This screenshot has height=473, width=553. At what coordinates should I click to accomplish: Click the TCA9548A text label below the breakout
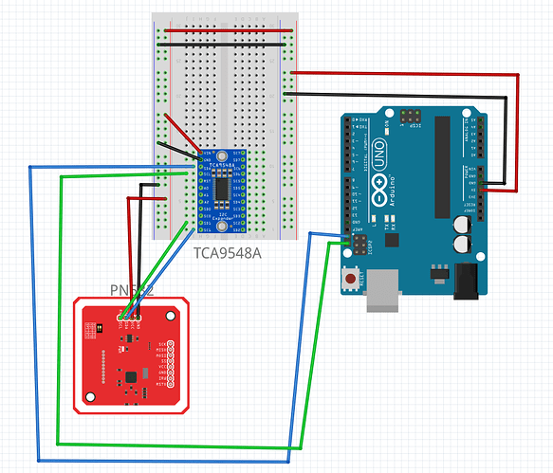click(x=229, y=253)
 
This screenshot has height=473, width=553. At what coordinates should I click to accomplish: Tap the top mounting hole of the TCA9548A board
click(x=221, y=155)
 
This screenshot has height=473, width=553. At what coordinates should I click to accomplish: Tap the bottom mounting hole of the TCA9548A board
click(x=221, y=225)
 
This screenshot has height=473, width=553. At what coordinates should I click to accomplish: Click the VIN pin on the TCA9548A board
click(x=200, y=152)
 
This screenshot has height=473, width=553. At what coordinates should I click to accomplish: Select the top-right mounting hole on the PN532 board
click(x=177, y=313)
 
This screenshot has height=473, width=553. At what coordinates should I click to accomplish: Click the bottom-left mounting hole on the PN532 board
click(x=86, y=402)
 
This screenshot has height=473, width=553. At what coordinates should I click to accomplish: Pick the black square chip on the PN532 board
click(x=129, y=378)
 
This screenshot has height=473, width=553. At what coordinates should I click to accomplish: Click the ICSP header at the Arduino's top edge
click(x=411, y=116)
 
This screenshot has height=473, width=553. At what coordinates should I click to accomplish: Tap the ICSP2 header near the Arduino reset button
click(x=360, y=246)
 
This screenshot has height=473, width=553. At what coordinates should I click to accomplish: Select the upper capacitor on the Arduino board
click(x=461, y=224)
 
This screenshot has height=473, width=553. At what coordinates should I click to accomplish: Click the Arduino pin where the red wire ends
click(x=484, y=190)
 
